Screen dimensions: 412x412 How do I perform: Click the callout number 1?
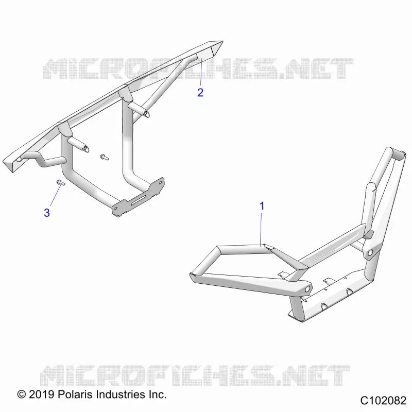[262, 206]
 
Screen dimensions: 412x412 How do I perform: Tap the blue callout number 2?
[200, 93]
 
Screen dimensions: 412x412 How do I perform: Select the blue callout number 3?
[47, 213]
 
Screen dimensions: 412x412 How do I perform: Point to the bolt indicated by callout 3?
[60, 182]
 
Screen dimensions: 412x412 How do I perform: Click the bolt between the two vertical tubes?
[105, 157]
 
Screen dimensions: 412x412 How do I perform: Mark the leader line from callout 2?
[201, 72]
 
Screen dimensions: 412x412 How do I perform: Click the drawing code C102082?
[383, 401]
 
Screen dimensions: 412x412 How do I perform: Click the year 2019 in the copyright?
[42, 394]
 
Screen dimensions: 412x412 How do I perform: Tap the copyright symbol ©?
[22, 394]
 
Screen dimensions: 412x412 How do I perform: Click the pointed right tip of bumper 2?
[223, 41]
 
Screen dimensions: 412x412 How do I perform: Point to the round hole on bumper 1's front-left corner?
[306, 289]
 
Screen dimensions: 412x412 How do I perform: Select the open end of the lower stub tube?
[86, 149]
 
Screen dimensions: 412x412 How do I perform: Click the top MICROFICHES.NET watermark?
[198, 69]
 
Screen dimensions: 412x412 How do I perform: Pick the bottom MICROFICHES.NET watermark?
[195, 375]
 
